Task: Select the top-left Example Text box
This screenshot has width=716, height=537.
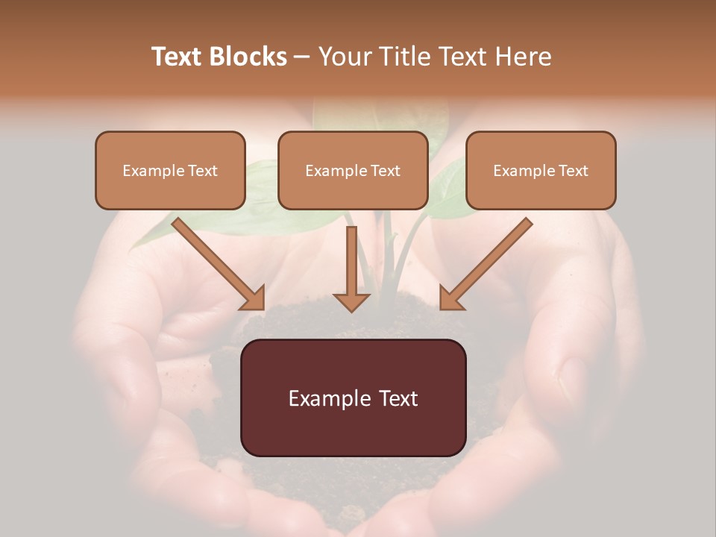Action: click(x=170, y=171)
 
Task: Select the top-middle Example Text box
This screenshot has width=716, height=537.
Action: click(x=353, y=171)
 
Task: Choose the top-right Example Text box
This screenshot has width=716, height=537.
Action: click(x=541, y=171)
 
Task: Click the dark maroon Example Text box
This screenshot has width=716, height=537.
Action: click(x=354, y=398)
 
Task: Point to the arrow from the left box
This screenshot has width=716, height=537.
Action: click(x=216, y=261)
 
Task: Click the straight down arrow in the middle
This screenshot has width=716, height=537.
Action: click(x=351, y=265)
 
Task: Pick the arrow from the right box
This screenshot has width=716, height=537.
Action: click(x=489, y=261)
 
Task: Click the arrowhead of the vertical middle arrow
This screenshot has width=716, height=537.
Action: click(x=351, y=301)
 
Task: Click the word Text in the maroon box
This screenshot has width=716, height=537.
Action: click(x=395, y=398)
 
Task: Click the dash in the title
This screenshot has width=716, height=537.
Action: click(x=302, y=57)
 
